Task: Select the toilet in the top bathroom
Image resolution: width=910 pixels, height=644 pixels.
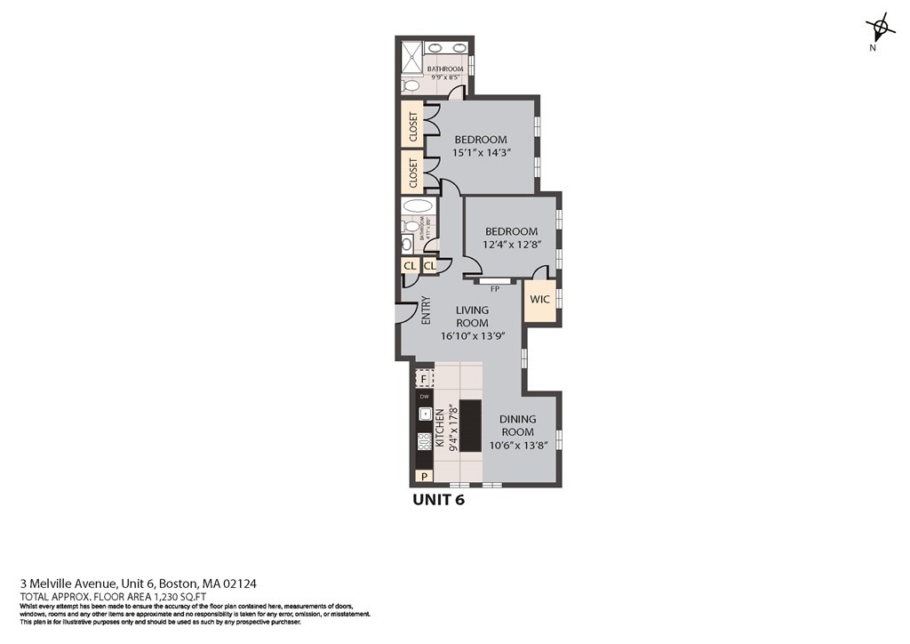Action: pyautogui.click(x=410, y=86)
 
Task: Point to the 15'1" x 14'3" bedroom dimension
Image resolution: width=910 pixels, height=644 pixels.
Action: pyautogui.click(x=481, y=153)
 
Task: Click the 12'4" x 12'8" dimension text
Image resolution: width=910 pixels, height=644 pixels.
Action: pyautogui.click(x=511, y=245)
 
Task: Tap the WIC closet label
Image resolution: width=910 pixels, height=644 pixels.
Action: pyautogui.click(x=539, y=299)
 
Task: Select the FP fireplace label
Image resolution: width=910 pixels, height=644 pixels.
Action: pyautogui.click(x=495, y=289)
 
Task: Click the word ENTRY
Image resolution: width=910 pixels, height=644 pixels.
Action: pyautogui.click(x=426, y=309)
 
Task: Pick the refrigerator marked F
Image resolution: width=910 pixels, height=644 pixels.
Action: pyautogui.click(x=424, y=378)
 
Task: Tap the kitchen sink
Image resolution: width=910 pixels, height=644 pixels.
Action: pyautogui.click(x=425, y=414)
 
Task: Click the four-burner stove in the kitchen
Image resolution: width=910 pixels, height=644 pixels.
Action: pyautogui.click(x=425, y=440)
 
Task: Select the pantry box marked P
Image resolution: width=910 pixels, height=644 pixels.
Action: pyautogui.click(x=425, y=476)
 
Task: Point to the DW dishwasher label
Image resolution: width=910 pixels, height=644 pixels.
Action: pyautogui.click(x=424, y=397)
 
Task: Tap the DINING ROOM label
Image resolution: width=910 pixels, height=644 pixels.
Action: pyautogui.click(x=516, y=425)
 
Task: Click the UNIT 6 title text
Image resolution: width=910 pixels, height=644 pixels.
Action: pyautogui.click(x=438, y=500)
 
